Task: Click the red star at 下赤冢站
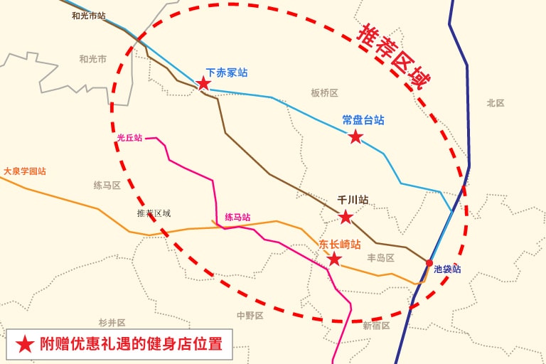pyautogui.click(x=203, y=83)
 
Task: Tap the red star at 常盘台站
pyautogui.click(x=355, y=136)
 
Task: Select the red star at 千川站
pyautogui.click(x=346, y=217)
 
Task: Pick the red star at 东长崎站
pyautogui.click(x=334, y=259)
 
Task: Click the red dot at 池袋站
pyautogui.click(x=429, y=264)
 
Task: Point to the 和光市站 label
pyautogui.click(x=89, y=15)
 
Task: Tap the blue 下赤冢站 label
pyautogui.click(x=227, y=73)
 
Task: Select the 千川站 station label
pyautogui.click(x=353, y=200)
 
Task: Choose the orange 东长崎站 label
pyautogui.click(x=339, y=244)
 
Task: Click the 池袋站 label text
pyautogui.click(x=447, y=269)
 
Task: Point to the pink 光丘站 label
pyautogui.click(x=129, y=139)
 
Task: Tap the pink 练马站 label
pyautogui.click(x=237, y=218)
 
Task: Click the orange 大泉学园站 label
pyautogui.click(x=25, y=171)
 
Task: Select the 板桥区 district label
pyautogui.click(x=324, y=93)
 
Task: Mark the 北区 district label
pyautogui.click(x=496, y=103)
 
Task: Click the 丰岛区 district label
pyautogui.click(x=380, y=258)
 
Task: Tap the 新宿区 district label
pyautogui.click(x=376, y=326)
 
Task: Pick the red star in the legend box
pyautogui.click(x=25, y=344)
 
